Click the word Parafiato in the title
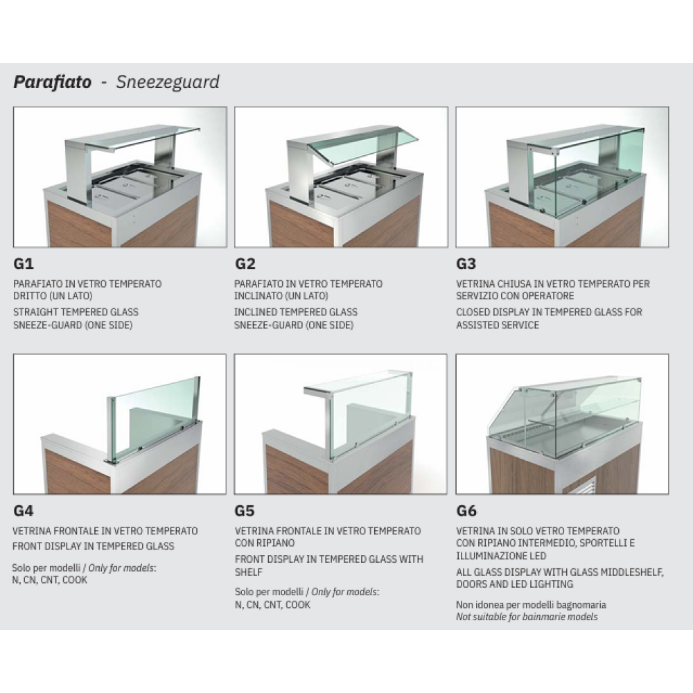coord(53,82)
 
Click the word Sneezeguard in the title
coord(168,82)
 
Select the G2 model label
coord(245,264)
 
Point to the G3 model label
coord(466,264)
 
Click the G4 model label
coord(24,511)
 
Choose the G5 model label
coord(245,511)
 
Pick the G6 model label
coord(466,511)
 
